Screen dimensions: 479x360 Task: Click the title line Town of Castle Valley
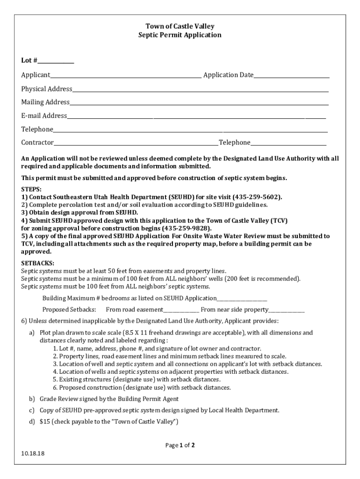(x=180, y=27)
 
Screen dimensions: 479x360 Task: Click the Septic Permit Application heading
(x=180, y=35)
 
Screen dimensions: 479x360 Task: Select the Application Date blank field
(x=291, y=76)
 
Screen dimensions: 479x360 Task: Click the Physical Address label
(x=46, y=89)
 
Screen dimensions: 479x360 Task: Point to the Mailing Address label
(x=45, y=102)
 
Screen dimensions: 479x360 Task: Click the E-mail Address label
(x=43, y=116)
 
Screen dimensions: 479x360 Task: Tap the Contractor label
(x=37, y=143)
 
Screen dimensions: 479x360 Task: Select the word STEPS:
(x=31, y=189)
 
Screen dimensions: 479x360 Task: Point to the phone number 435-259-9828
(x=186, y=228)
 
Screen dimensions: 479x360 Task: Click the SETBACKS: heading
(x=37, y=263)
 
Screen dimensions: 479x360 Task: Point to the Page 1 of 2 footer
(x=180, y=445)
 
